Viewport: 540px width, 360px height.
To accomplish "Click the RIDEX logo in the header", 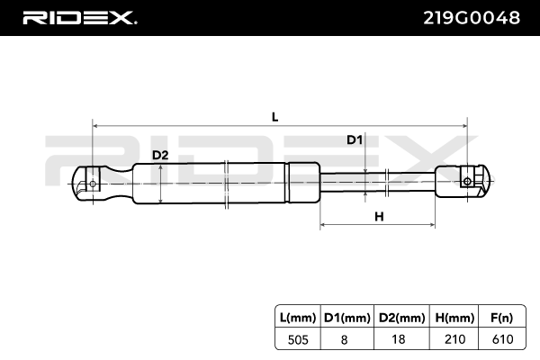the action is point(78,18).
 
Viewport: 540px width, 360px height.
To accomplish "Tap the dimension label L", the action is point(275,115).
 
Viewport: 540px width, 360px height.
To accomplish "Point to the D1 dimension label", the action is point(355,139).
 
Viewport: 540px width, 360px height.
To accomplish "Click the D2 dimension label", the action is point(160,155).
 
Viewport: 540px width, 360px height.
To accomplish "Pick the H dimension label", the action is point(378,216).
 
